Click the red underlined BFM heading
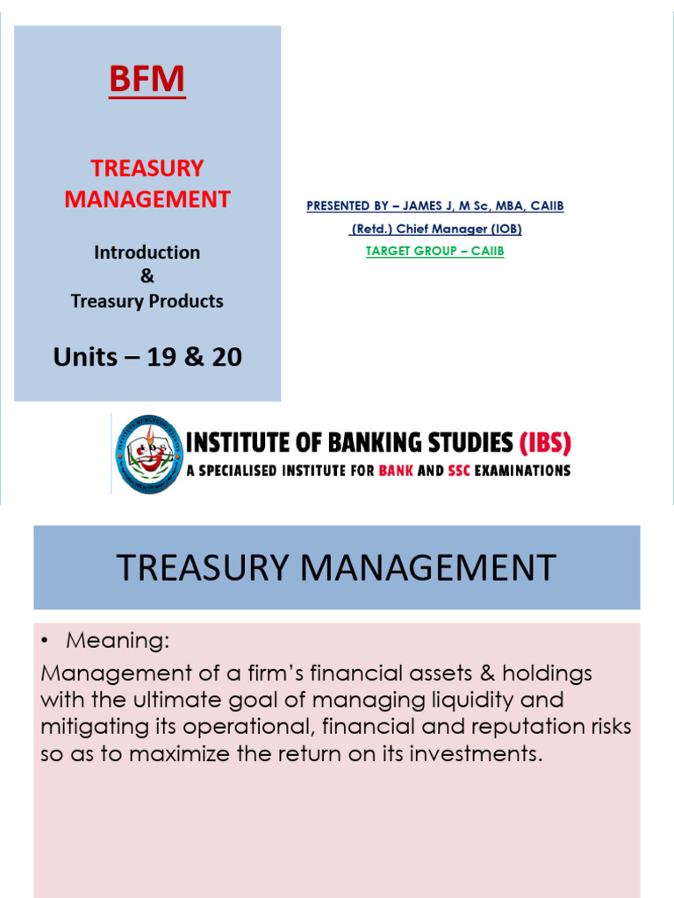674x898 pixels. coord(147,80)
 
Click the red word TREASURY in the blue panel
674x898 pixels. coord(147,167)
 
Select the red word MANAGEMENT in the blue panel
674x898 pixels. coord(147,199)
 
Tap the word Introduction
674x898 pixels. coord(147,253)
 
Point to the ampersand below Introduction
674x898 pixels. coord(147,276)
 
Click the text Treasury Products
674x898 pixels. coord(147,302)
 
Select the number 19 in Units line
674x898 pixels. coord(175,357)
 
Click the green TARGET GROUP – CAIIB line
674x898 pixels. coord(434,251)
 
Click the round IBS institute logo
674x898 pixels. coord(148,453)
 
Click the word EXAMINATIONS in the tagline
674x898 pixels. coord(527,471)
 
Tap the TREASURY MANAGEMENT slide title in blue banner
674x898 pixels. coord(336,568)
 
